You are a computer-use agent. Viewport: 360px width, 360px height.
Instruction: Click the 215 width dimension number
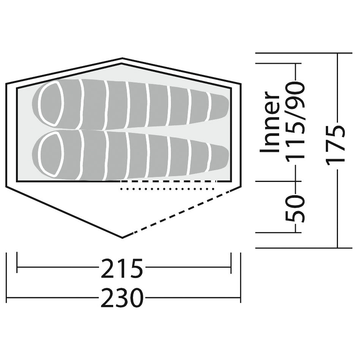click(x=122, y=268)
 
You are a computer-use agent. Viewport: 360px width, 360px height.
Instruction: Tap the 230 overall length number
click(x=122, y=298)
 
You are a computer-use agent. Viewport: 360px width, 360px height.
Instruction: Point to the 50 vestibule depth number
click(x=295, y=209)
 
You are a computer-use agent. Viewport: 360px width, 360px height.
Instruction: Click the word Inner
click(x=270, y=122)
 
